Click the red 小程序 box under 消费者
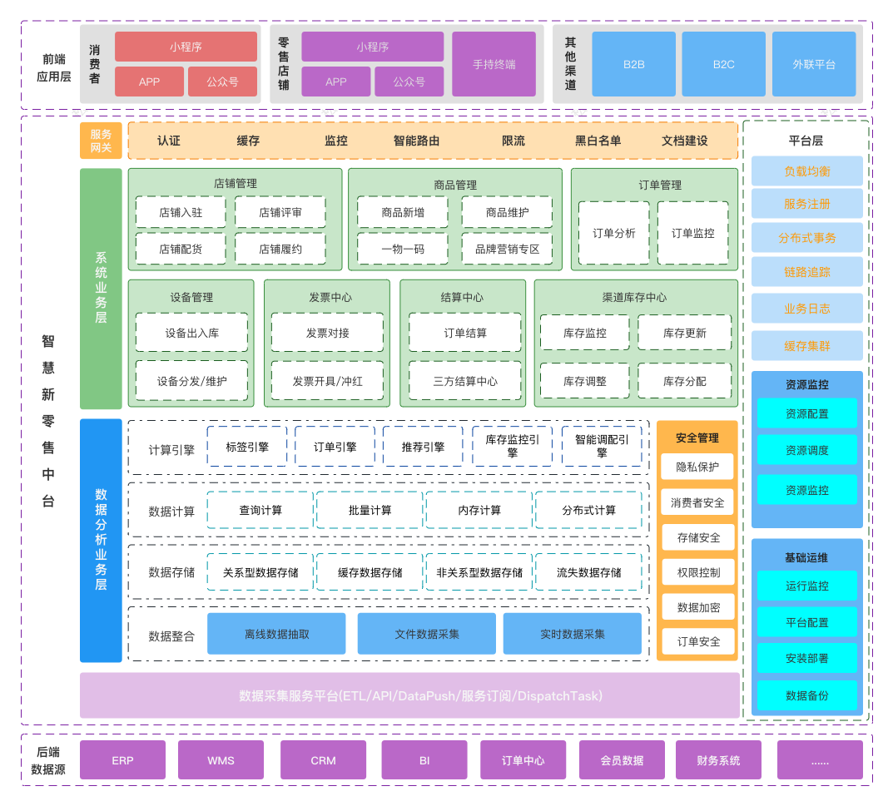click(x=186, y=47)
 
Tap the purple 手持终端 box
click(x=494, y=64)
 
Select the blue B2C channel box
click(x=723, y=64)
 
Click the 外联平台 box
click(x=814, y=64)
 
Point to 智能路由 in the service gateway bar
click(x=416, y=141)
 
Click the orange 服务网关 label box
click(x=101, y=141)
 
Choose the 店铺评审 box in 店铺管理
click(x=280, y=212)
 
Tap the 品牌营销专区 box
click(x=508, y=249)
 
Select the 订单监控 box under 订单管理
click(x=692, y=233)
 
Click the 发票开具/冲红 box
click(x=327, y=381)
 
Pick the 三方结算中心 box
click(x=465, y=381)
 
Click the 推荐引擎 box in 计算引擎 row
click(x=423, y=447)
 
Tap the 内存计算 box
click(x=479, y=510)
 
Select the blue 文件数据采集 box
click(x=426, y=634)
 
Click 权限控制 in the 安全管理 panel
click(x=697, y=572)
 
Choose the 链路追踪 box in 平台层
click(x=806, y=272)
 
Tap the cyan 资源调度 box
click(x=806, y=450)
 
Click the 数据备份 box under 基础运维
click(x=806, y=695)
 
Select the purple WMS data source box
click(x=221, y=760)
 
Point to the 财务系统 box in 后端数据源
click(x=717, y=760)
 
